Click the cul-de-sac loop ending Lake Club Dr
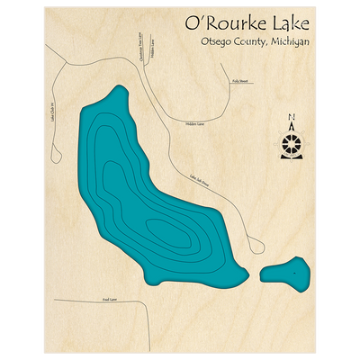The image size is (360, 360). point(56,146)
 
